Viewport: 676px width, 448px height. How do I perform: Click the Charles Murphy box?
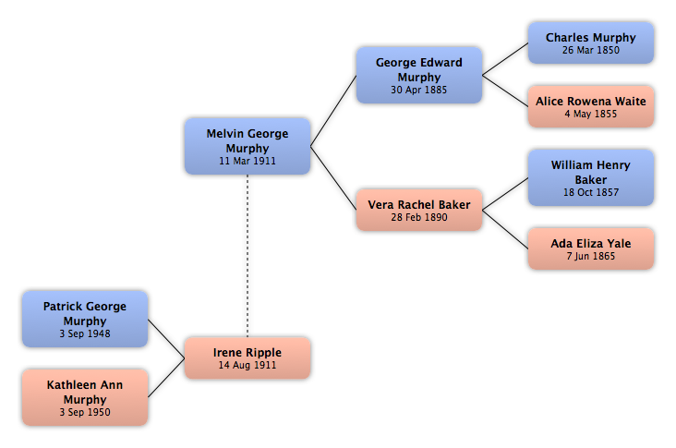[x=591, y=43]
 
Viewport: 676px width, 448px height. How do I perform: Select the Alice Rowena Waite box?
[x=591, y=106]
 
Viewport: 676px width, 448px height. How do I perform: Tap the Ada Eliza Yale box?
[x=591, y=248]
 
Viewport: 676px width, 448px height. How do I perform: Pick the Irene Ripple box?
[x=247, y=357]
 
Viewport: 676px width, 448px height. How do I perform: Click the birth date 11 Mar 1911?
[x=247, y=161]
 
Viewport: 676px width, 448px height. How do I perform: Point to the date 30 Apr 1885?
[x=419, y=90]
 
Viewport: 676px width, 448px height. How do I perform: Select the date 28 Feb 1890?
[x=419, y=217]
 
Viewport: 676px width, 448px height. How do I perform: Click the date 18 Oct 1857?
[x=591, y=192]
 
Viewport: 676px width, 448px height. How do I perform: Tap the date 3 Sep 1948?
[x=85, y=333]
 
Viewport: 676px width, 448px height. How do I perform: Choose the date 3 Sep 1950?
[x=85, y=412]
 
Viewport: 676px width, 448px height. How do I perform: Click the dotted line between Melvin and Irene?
[x=247, y=256]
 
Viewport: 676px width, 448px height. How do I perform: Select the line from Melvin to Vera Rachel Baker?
[x=333, y=178]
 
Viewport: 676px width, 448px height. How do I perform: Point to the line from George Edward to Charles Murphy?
[x=505, y=59]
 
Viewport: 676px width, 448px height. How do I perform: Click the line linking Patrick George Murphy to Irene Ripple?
[x=166, y=339]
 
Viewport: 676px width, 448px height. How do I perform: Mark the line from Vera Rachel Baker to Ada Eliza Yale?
[x=505, y=229]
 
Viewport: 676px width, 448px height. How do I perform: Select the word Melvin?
[x=222, y=134]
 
